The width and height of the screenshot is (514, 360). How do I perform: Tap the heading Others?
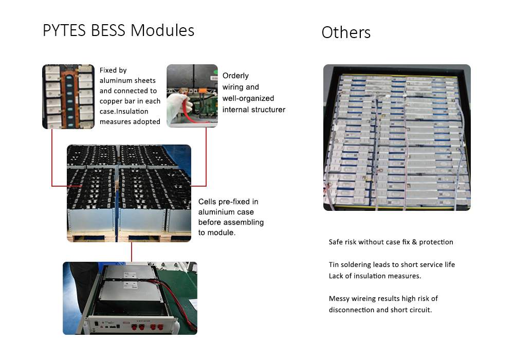pos(346,33)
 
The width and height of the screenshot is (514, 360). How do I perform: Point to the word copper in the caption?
pos(112,101)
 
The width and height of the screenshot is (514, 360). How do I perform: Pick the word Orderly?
pos(235,76)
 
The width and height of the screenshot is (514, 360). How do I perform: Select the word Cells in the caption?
pos(208,202)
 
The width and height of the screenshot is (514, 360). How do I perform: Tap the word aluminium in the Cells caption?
pos(216,212)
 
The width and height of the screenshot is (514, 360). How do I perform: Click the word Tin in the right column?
pos(334,265)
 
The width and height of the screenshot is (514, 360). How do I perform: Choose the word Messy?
pos(339,299)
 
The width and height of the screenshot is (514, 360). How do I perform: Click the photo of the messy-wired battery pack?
pos(397,137)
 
